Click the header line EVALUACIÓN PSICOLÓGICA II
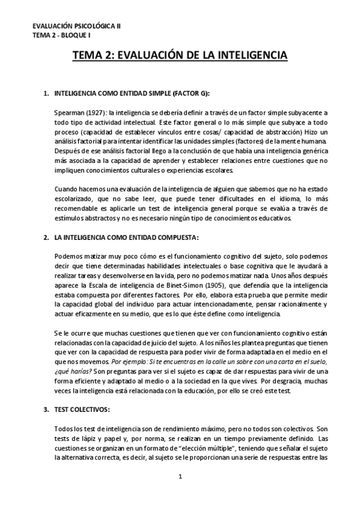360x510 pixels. [76, 26]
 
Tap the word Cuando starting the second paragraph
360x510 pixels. [67, 188]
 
